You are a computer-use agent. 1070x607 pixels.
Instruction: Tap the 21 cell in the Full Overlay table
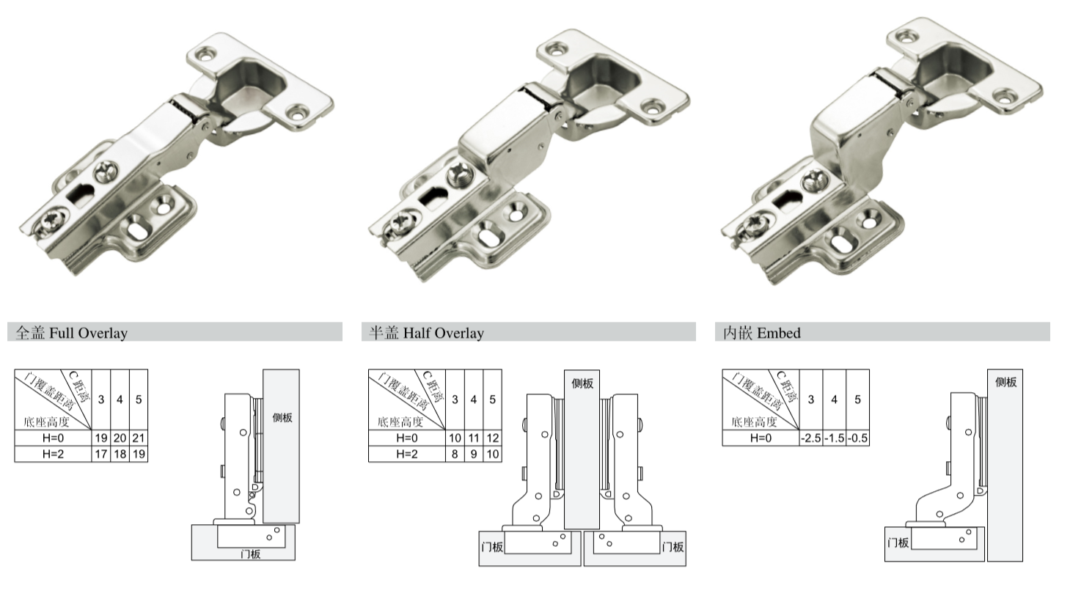(x=139, y=438)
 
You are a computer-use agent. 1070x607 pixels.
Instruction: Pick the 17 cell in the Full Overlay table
(x=100, y=454)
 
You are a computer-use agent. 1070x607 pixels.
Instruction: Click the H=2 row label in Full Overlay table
(x=53, y=454)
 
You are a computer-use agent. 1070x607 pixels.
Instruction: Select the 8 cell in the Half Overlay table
(x=455, y=454)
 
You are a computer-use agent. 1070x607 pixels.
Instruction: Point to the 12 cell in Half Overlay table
(x=493, y=438)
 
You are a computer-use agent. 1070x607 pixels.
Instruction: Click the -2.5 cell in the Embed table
(x=811, y=438)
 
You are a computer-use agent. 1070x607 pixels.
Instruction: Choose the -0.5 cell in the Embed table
(x=858, y=438)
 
